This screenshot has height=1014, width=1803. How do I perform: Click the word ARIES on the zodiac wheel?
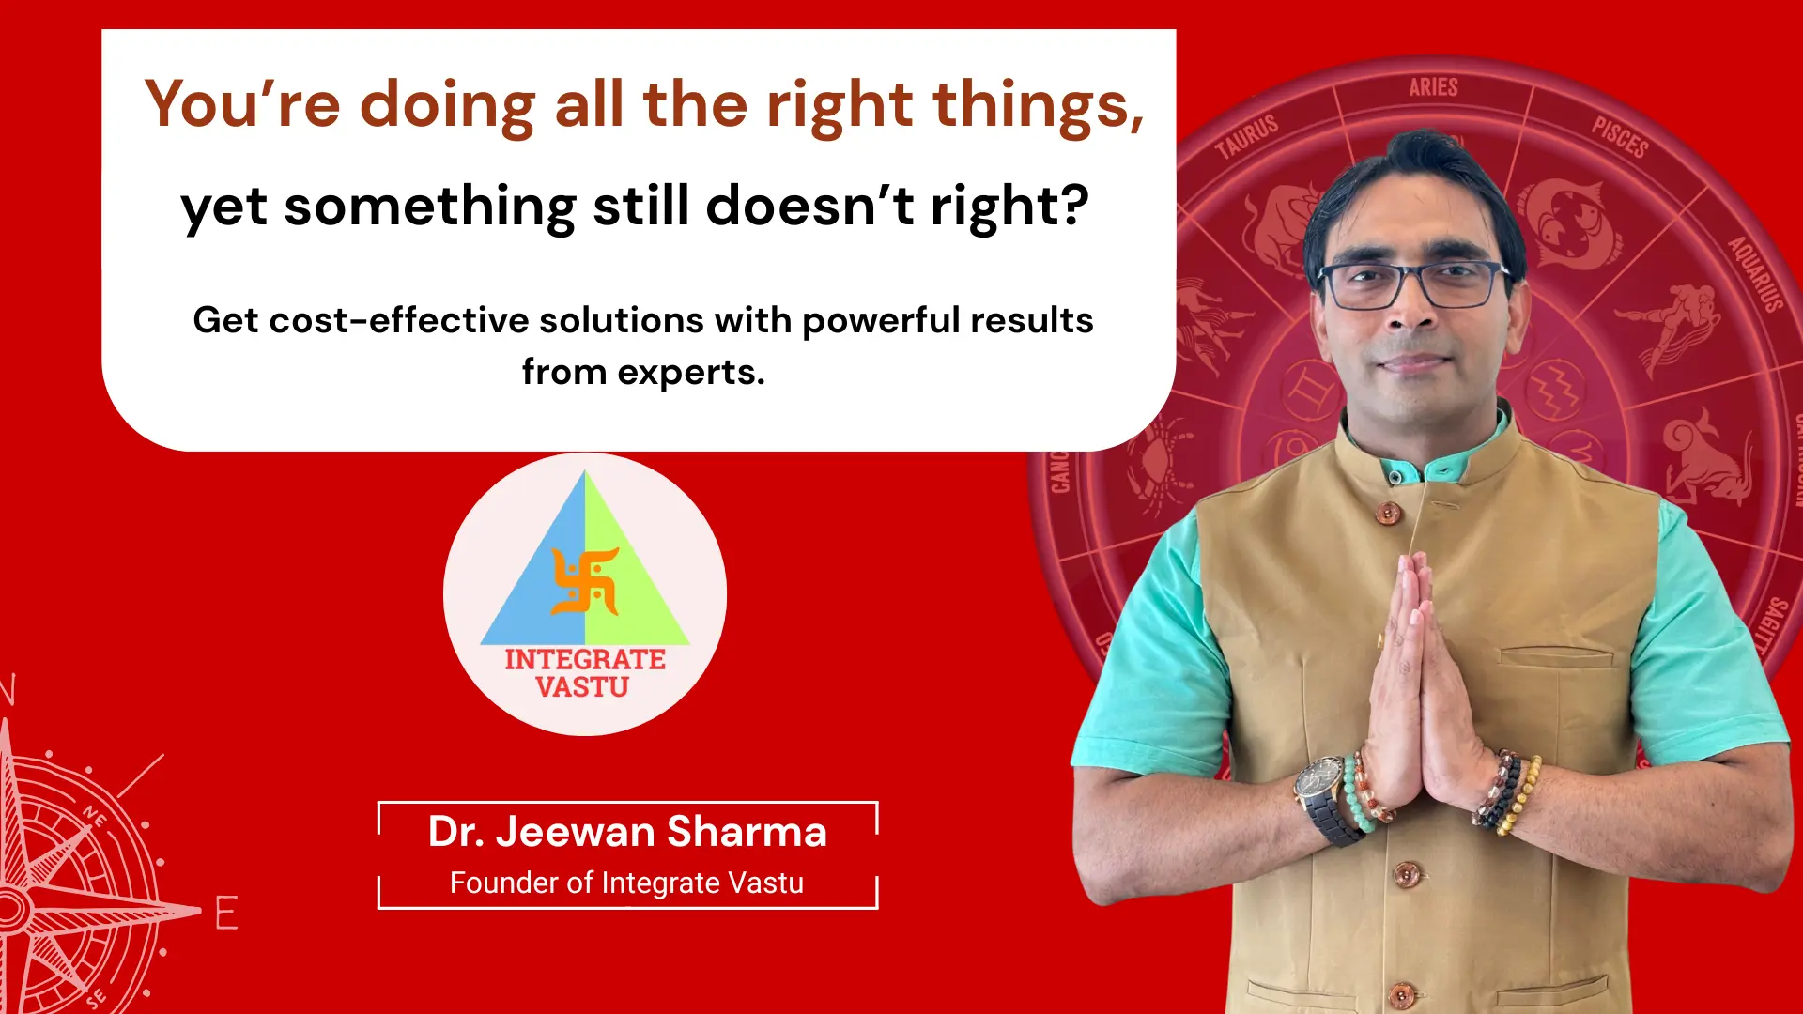pyautogui.click(x=1433, y=87)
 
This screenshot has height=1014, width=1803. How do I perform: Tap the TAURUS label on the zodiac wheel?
pyautogui.click(x=1247, y=137)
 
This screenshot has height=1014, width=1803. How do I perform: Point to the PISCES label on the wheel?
pyautogui.click(x=1620, y=137)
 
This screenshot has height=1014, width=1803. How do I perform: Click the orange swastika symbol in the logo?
pyautogui.click(x=585, y=580)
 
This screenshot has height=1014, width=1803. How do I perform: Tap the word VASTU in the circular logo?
pyautogui.click(x=582, y=687)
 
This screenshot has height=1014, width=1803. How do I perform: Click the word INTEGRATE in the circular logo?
pyautogui.click(x=585, y=659)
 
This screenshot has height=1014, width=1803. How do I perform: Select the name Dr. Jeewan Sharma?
pyautogui.click(x=627, y=832)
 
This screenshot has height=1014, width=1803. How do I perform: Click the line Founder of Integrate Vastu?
pyautogui.click(x=626, y=883)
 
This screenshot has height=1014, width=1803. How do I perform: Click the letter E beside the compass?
pyautogui.click(x=226, y=913)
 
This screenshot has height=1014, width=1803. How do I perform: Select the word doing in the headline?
pyautogui.click(x=447, y=105)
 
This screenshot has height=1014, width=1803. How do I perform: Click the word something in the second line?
pyautogui.click(x=430, y=207)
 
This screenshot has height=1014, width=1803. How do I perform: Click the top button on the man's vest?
pyautogui.click(x=1387, y=513)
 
